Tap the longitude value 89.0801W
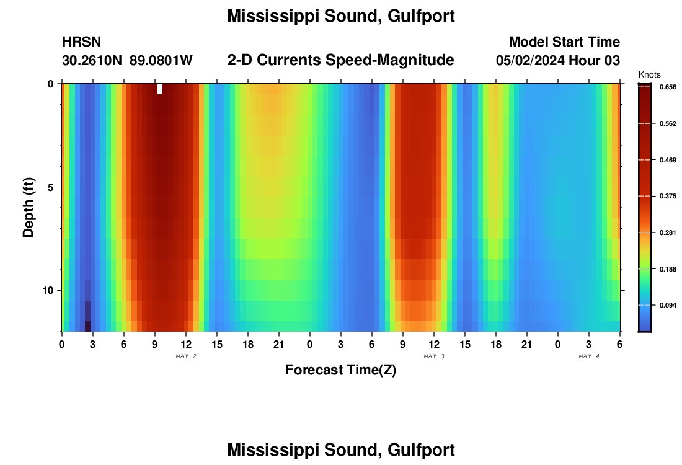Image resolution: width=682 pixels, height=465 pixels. point(161,61)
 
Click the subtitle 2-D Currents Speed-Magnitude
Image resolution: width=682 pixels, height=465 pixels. point(341,60)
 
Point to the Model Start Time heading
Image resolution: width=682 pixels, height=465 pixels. point(564,42)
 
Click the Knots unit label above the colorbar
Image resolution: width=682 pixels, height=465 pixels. point(649,75)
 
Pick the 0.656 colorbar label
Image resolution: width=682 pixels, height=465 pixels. point(668,87)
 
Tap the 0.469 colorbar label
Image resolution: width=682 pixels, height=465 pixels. point(668,160)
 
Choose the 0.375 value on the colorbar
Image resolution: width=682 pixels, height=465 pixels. point(668,197)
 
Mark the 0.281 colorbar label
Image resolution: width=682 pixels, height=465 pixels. point(668,233)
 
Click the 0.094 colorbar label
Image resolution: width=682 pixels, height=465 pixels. point(668,306)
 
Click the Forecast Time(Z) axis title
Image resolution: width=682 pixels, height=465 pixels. point(340,370)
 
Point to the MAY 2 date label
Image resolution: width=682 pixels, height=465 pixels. point(186,356)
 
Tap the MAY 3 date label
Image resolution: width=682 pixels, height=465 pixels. point(434,356)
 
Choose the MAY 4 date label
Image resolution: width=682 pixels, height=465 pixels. point(589,356)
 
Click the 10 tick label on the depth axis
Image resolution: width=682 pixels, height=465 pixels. point(50,290)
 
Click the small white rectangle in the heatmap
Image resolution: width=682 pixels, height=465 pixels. point(160,89)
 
